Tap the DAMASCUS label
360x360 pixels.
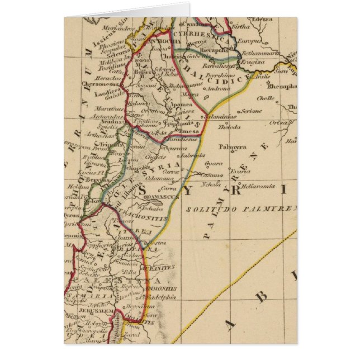tap(162, 197)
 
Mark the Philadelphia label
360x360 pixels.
tap(162, 297)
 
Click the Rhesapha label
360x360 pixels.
tap(282, 87)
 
